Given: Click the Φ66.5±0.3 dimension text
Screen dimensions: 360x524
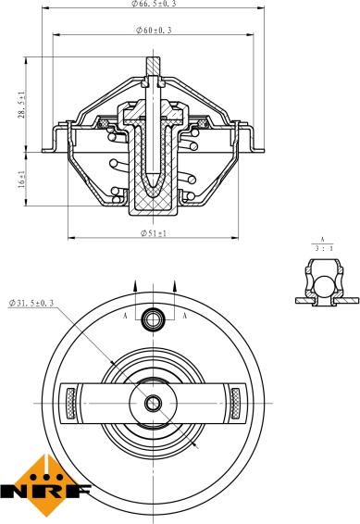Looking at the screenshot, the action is click(154, 4).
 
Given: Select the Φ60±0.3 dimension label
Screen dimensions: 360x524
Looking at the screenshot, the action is click(154, 30).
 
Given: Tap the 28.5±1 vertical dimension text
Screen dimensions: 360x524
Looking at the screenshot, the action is click(21, 104).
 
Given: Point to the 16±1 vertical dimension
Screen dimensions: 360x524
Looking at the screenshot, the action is click(21, 179).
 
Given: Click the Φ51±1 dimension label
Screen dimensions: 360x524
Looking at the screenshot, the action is click(154, 233).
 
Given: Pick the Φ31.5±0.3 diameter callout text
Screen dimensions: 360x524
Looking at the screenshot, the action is click(31, 303).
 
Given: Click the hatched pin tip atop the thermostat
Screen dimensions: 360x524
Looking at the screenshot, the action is click(153, 66).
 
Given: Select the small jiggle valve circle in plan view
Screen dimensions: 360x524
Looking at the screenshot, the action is click(153, 319).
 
